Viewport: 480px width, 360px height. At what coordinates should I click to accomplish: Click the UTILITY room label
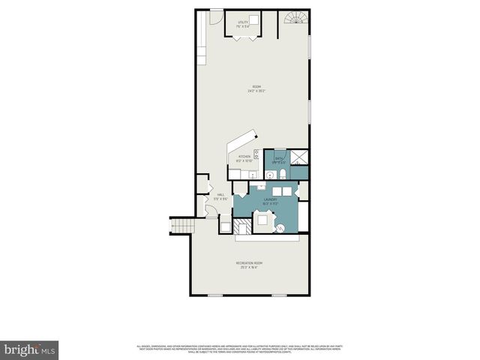[242, 22]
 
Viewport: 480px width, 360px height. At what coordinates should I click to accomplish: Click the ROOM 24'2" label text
[256, 88]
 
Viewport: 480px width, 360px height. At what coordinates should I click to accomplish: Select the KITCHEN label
[244, 158]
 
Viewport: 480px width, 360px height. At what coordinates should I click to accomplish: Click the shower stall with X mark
[298, 156]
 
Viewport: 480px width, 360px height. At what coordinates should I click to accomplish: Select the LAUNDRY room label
[270, 201]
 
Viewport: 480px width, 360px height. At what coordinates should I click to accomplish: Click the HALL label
[221, 196]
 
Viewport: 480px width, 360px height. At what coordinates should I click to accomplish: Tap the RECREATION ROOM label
[249, 265]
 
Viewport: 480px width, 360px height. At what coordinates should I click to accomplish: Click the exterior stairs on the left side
[181, 226]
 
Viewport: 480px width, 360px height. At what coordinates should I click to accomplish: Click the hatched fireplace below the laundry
[241, 227]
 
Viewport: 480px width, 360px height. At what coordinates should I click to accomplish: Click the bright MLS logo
[30, 349]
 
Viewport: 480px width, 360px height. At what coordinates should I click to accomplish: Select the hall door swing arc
[204, 208]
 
